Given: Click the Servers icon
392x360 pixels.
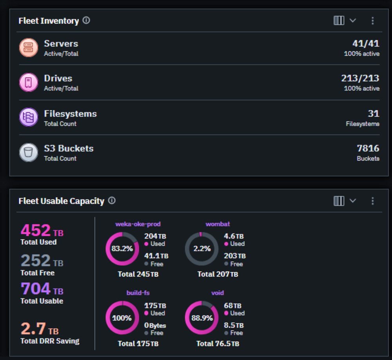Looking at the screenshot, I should (x=29, y=47).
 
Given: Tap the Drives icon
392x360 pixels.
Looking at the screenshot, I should (x=29, y=82).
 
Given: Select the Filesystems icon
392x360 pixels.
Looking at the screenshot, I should (x=29, y=118).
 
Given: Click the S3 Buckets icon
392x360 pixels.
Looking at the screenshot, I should (x=29, y=152).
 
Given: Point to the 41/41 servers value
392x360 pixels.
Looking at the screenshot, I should (x=365, y=44).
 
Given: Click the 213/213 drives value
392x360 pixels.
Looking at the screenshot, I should (x=360, y=78).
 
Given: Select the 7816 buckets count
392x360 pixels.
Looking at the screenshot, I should (x=368, y=148).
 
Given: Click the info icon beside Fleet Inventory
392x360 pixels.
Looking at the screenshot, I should (x=86, y=20).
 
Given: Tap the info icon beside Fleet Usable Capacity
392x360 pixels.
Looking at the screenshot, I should (x=112, y=201).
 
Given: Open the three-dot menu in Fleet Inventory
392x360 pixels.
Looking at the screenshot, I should (x=372, y=21).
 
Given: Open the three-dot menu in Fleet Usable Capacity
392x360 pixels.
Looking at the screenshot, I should (x=372, y=201).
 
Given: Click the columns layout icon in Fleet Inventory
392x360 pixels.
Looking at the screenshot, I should (x=339, y=21).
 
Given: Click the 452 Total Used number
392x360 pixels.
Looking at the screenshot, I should (x=36, y=230).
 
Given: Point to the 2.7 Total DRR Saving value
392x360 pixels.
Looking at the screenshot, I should (x=33, y=328).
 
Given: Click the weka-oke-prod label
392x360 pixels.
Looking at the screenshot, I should (x=138, y=224).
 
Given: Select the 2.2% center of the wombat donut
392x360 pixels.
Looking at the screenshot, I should (x=202, y=249).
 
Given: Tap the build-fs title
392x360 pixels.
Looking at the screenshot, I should (x=138, y=293).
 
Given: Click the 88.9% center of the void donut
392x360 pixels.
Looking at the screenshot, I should (x=202, y=318).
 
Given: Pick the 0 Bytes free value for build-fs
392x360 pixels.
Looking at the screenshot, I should (x=155, y=326).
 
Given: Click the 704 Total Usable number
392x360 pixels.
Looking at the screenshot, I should (x=36, y=289).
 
